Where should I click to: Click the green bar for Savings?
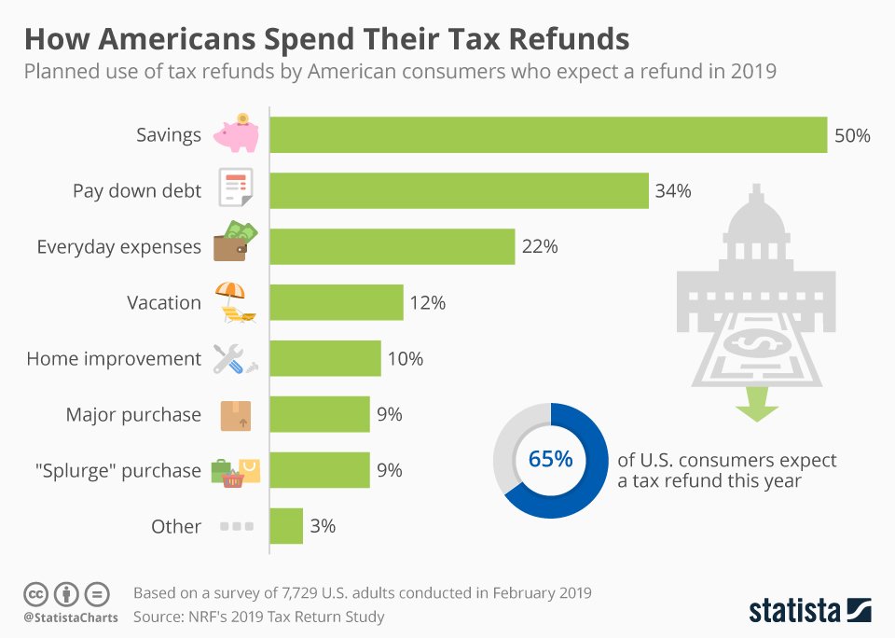tap(548, 134)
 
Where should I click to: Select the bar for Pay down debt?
tap(459, 190)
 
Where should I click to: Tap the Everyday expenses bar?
tap(392, 246)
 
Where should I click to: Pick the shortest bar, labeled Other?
tap(286, 526)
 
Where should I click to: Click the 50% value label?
tap(852, 135)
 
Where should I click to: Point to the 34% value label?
tap(673, 191)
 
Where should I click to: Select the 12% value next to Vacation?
tap(427, 303)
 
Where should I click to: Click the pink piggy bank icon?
tap(235, 132)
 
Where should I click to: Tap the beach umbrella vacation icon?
tap(232, 301)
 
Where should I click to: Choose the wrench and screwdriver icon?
tap(232, 359)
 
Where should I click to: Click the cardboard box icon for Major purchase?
tap(235, 415)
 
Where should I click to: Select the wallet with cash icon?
tap(234, 244)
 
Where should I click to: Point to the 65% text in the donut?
tap(550, 460)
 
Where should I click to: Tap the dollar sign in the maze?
tap(755, 343)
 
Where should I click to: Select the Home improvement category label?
tap(114, 359)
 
